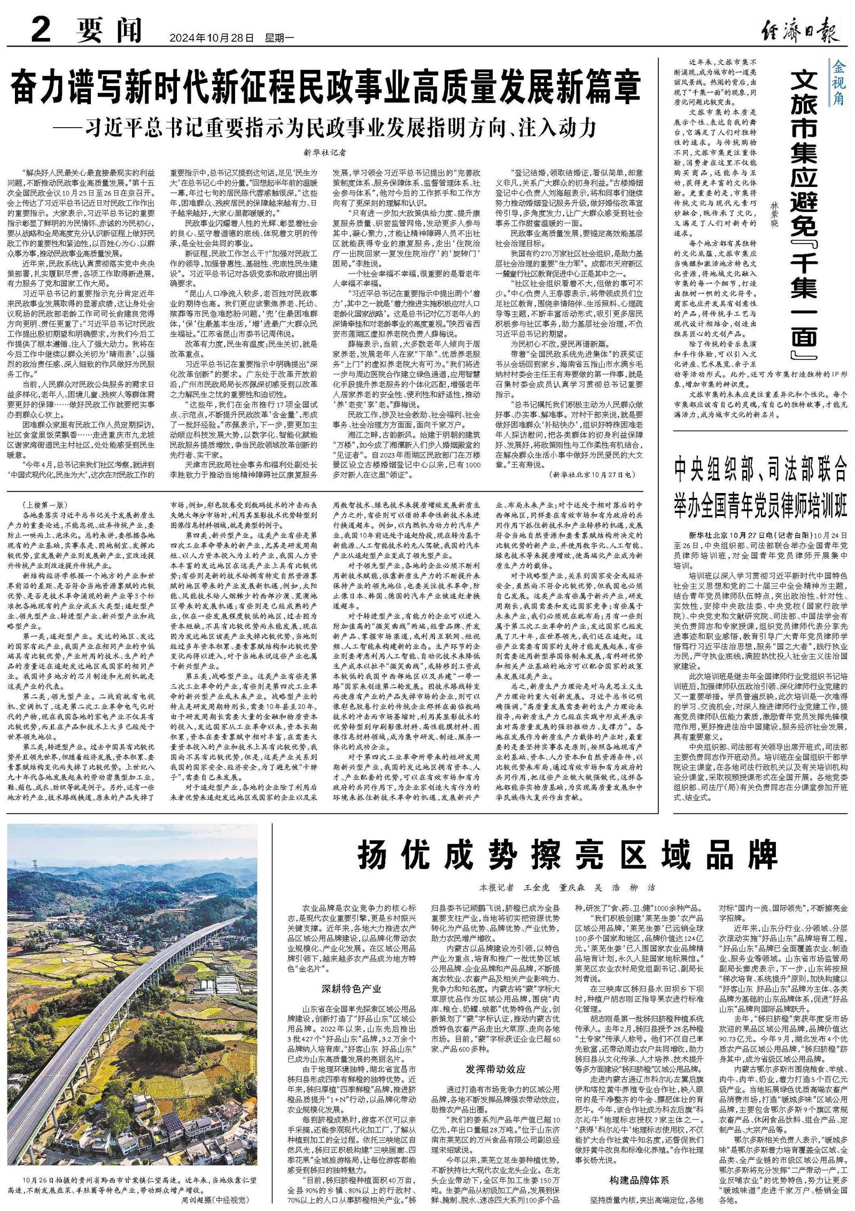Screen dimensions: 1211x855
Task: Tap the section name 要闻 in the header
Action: (x=109, y=31)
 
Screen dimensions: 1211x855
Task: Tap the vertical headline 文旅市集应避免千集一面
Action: (x=804, y=214)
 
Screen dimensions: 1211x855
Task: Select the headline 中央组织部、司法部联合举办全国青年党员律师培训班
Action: (x=760, y=487)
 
